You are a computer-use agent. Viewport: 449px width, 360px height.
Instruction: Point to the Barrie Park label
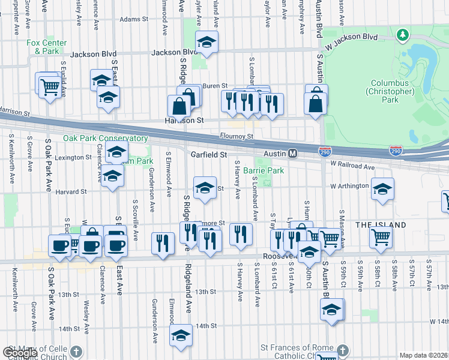[264, 170]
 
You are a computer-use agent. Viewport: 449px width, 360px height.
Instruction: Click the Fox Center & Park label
[43, 47]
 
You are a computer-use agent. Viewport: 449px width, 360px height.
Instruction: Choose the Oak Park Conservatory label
[105, 138]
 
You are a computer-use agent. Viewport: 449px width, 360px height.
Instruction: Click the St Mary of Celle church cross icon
[76, 350]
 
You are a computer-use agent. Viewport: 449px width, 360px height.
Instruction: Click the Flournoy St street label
[236, 136]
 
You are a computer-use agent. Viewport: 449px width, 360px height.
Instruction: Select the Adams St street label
[133, 20]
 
